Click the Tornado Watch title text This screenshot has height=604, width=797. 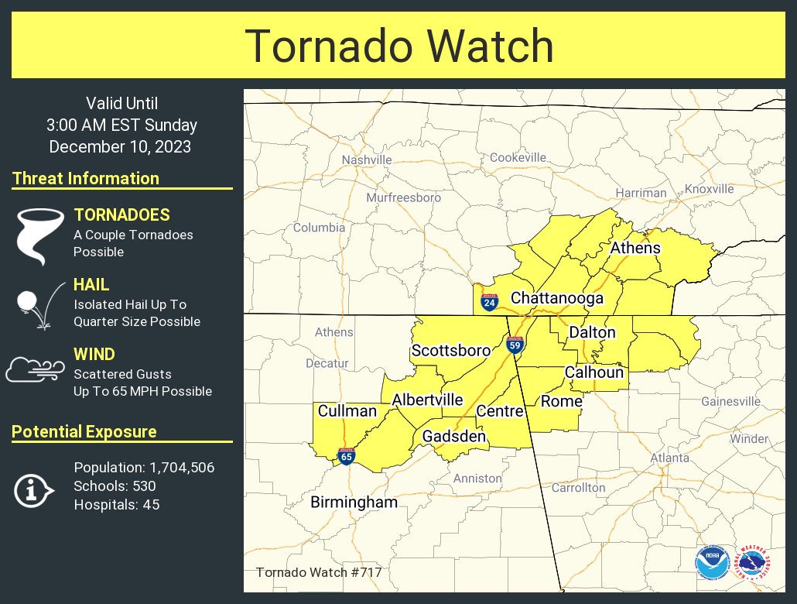pyautogui.click(x=399, y=46)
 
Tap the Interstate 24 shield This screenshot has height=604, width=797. pyautogui.click(x=489, y=301)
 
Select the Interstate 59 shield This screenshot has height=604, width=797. pyautogui.click(x=515, y=344)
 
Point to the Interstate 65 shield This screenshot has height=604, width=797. pyautogui.click(x=346, y=456)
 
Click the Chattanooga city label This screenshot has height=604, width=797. pyautogui.click(x=556, y=298)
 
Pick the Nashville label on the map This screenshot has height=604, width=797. pyautogui.click(x=367, y=160)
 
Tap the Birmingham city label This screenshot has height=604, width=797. pyautogui.click(x=354, y=503)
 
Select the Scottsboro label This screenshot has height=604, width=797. pyautogui.click(x=450, y=351)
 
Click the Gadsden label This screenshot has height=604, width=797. pyautogui.click(x=453, y=437)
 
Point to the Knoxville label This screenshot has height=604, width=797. pyautogui.click(x=709, y=189)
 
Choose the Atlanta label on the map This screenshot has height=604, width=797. pyautogui.click(x=669, y=458)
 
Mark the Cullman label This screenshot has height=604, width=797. pyautogui.click(x=347, y=410)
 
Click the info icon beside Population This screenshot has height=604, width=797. pyautogui.click(x=33, y=489)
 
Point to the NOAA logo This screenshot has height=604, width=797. pyautogui.click(x=711, y=563)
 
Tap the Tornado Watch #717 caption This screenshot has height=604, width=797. pyautogui.click(x=318, y=573)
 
